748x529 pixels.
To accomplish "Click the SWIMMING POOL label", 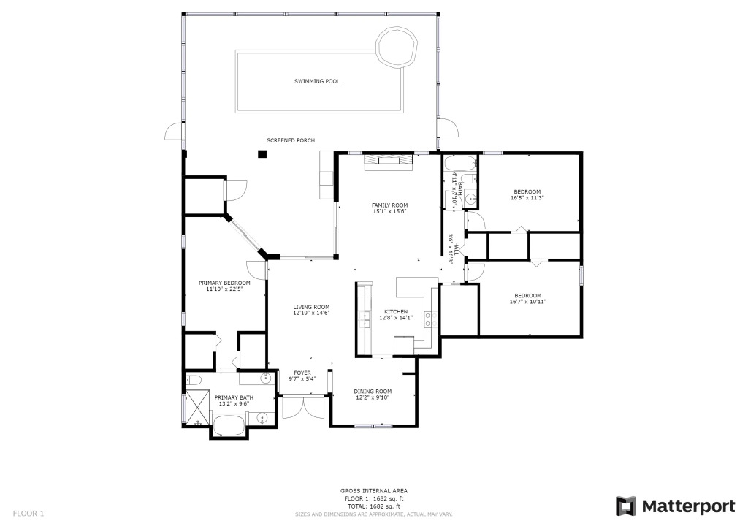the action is pyautogui.click(x=317, y=82).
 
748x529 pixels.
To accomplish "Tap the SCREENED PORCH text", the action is pyautogui.click(x=291, y=140).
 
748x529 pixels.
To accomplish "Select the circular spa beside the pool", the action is pyautogui.click(x=397, y=46).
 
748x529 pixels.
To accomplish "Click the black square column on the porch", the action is pyautogui.click(x=262, y=153).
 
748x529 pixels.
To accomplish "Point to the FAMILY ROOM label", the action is pyautogui.click(x=390, y=205).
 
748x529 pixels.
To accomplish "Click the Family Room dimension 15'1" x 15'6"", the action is pyautogui.click(x=390, y=211).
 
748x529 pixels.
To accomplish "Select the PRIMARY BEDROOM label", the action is pyautogui.click(x=224, y=283).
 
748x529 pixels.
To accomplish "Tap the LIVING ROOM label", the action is pyautogui.click(x=311, y=307).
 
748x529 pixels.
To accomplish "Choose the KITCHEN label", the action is pyautogui.click(x=396, y=311).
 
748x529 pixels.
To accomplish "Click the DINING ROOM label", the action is pyautogui.click(x=373, y=392).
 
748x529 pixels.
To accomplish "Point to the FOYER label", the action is pyautogui.click(x=302, y=373).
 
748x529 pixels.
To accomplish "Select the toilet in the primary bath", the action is pyautogui.click(x=194, y=380).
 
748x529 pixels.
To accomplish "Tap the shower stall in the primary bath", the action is pyautogui.click(x=197, y=407).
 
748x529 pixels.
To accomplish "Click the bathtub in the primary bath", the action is pyautogui.click(x=229, y=425).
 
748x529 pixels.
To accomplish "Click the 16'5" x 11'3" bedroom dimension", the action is pyautogui.click(x=527, y=197).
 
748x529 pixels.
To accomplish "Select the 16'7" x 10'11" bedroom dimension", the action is pyautogui.click(x=527, y=302).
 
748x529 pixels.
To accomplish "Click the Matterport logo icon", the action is pyautogui.click(x=625, y=506).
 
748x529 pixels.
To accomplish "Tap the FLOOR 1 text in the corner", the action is pyautogui.click(x=28, y=514).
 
